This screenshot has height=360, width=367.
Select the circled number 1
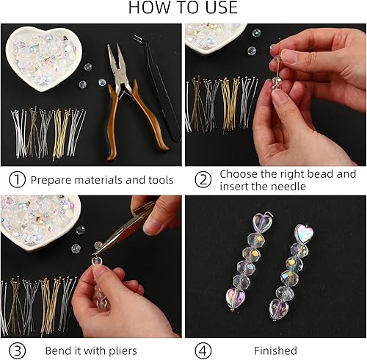tap(17, 179)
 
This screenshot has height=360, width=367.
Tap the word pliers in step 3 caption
tap(120, 350)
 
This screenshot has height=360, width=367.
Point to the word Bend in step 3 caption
tap(57, 350)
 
